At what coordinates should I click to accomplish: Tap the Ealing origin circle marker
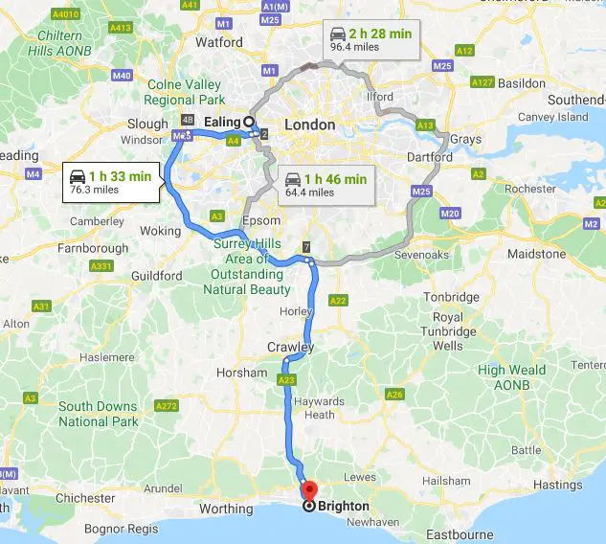point(249,123)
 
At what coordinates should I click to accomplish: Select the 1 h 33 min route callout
point(110,182)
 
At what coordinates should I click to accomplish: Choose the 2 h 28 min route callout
point(370,37)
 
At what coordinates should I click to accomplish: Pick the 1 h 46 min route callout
point(325,185)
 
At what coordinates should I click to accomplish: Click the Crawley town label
point(290,347)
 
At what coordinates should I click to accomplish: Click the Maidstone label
point(536,255)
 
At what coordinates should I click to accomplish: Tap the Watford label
point(219,42)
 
